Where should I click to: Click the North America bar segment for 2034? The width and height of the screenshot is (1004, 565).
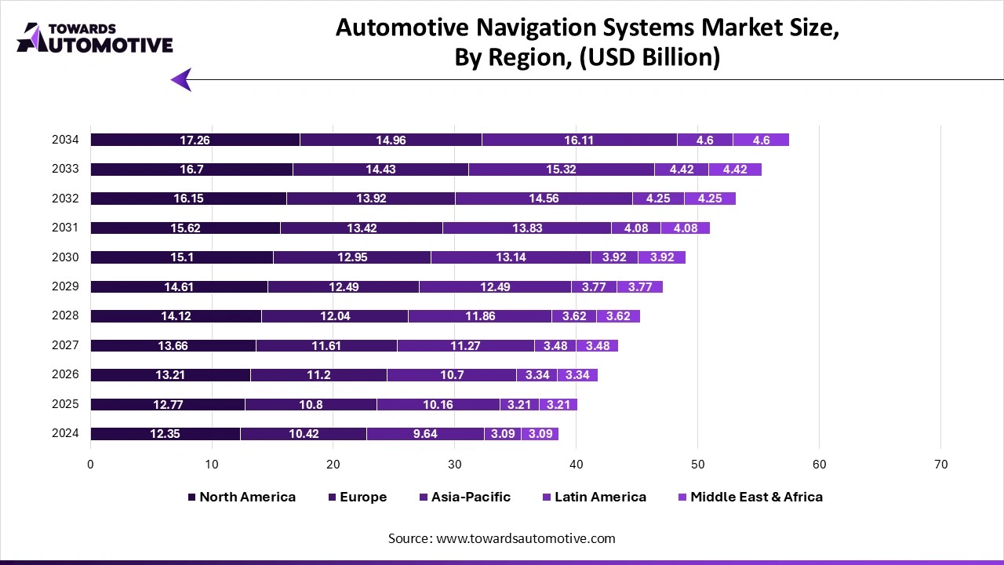[x=195, y=140]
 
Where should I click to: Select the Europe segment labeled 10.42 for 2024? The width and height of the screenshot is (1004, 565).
[x=303, y=434]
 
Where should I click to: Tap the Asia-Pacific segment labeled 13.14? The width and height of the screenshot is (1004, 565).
[x=510, y=257]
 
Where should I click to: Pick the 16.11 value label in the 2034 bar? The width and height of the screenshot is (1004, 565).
[x=579, y=140]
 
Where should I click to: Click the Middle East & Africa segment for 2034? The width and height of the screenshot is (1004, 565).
[x=761, y=140]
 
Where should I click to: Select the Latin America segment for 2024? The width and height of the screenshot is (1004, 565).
[x=502, y=434]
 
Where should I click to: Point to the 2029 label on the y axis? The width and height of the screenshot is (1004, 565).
[x=65, y=286]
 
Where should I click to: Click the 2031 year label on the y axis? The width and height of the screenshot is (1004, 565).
[x=65, y=228]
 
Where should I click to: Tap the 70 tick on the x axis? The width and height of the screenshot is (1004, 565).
[x=940, y=465]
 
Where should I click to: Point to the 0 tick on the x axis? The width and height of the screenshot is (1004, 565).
[x=91, y=465]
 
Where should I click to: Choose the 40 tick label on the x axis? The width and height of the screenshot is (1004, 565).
[x=577, y=465]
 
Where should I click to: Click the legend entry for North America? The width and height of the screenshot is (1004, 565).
[x=242, y=497]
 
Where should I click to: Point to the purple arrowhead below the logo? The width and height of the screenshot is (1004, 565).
[x=181, y=79]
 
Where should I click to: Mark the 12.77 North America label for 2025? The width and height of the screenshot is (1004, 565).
[x=167, y=405]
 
